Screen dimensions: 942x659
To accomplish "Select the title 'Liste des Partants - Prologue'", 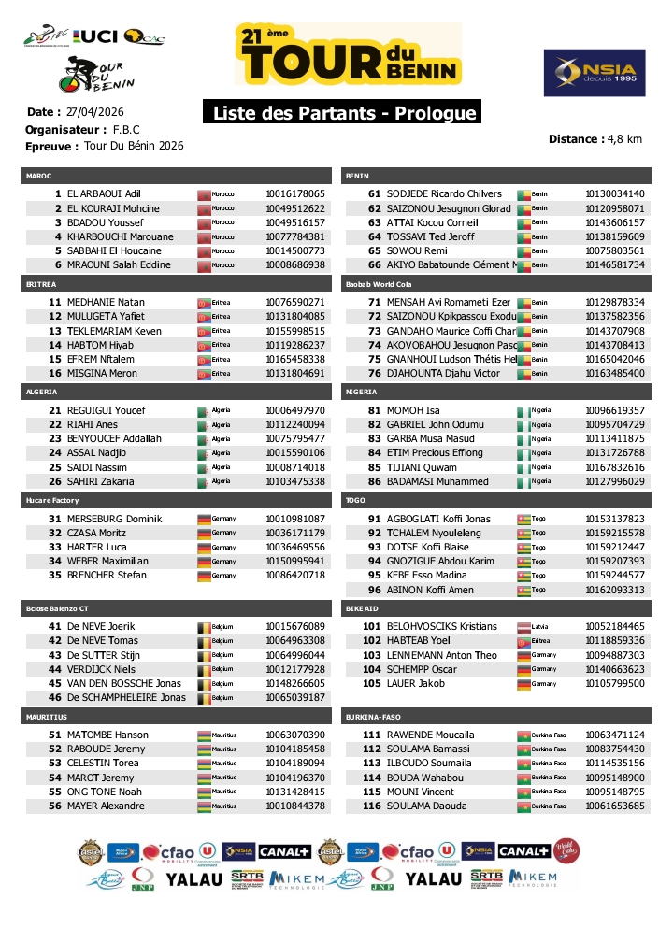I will pyautogui.click(x=341, y=113).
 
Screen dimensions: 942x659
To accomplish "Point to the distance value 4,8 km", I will pyautogui.click(x=624, y=139).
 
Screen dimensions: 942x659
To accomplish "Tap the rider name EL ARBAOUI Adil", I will pyautogui.click(x=103, y=193).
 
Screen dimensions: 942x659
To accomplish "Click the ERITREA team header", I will pyautogui.click(x=43, y=283).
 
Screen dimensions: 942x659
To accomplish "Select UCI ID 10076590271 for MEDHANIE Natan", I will pyautogui.click(x=295, y=302).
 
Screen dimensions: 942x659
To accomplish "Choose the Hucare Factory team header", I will pyautogui.click(x=51, y=500).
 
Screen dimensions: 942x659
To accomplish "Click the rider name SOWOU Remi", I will pyautogui.click(x=417, y=250).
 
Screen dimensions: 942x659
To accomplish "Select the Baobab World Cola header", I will pyautogui.click(x=379, y=283).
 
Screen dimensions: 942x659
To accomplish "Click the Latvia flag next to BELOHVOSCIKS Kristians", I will pyautogui.click(x=523, y=626).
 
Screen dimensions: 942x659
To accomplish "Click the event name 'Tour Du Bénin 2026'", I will pyautogui.click(x=134, y=146).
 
